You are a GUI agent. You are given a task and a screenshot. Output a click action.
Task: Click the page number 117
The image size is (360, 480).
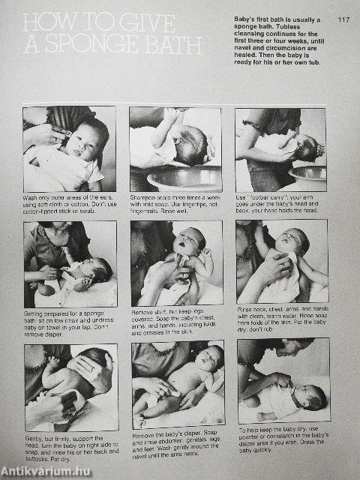click(343, 19)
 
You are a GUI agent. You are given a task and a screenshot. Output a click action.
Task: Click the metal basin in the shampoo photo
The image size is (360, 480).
click(184, 178)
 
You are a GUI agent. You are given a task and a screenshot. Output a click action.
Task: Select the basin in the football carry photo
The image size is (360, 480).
click(308, 175)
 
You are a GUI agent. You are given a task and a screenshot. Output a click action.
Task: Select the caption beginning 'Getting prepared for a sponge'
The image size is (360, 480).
click(68, 322)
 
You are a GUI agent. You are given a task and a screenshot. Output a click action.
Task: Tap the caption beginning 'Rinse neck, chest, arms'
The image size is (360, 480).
click(281, 318)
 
